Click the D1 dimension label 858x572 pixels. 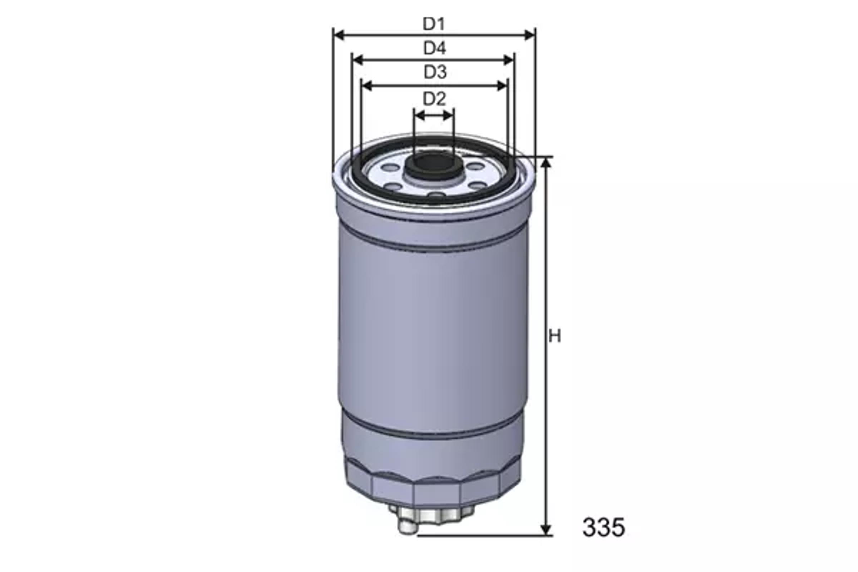(x=434, y=24)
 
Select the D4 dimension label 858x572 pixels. (x=434, y=48)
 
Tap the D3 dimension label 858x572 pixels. (x=435, y=72)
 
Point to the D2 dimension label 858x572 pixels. (x=434, y=99)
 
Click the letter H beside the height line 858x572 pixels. (x=555, y=336)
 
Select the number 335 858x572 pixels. (x=603, y=527)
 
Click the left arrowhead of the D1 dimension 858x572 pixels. (x=340, y=35)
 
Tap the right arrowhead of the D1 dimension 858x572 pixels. (x=529, y=35)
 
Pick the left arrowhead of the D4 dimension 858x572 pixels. (x=358, y=60)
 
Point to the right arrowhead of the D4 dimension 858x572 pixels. (x=508, y=60)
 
